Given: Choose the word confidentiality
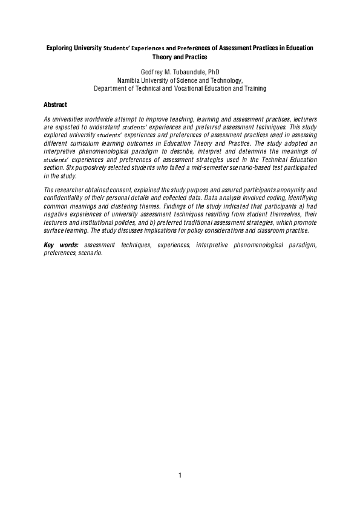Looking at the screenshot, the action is click(64, 198).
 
